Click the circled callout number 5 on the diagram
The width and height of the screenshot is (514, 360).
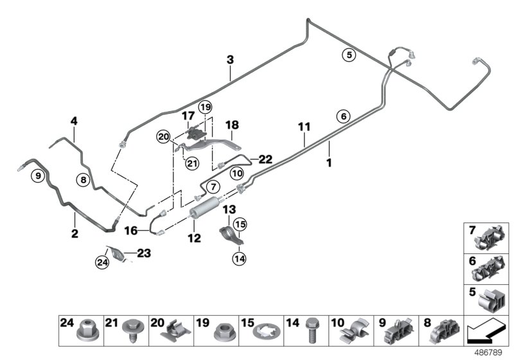coord(348,55)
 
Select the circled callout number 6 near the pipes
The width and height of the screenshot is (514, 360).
coord(344,116)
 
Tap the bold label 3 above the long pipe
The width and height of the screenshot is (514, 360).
coord(230,60)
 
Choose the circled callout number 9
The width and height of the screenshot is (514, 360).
coord(38,175)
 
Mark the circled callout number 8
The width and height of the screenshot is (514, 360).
coord(83,181)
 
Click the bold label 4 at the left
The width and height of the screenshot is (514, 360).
coord(74,120)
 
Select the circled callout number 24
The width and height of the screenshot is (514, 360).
coord(103,262)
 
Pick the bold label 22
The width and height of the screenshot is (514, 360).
coord(265,158)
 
